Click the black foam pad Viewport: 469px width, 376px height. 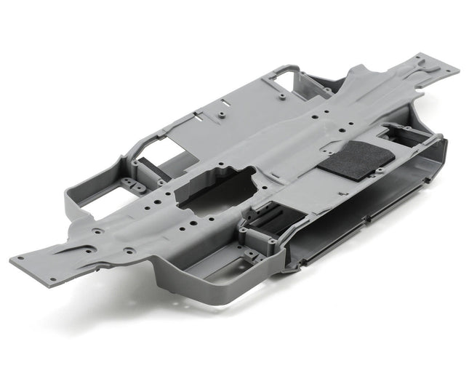pos(356,156)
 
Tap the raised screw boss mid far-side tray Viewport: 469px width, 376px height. pos(219,114)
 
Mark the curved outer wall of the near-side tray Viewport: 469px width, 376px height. pos(218,295)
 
